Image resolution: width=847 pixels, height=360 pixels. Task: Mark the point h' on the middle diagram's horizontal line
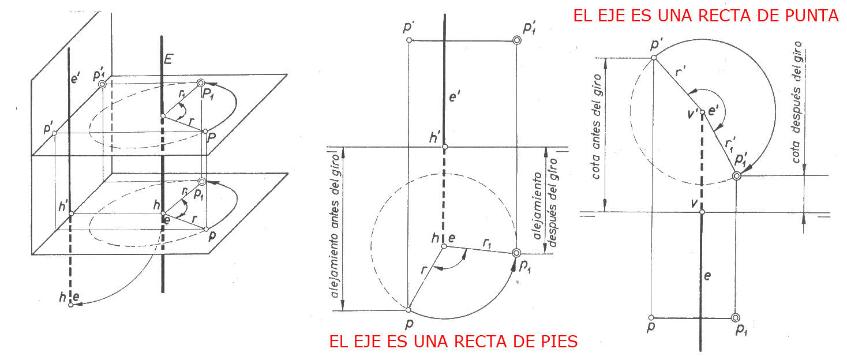444,147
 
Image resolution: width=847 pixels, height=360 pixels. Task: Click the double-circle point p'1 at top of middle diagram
516,40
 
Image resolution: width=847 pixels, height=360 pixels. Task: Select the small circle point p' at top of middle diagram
409,40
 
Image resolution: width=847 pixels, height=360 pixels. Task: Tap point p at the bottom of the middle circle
408,310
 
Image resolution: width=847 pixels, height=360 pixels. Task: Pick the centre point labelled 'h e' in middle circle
444,246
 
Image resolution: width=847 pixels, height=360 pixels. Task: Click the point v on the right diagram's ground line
702,212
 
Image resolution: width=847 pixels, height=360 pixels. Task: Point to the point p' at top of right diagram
654,57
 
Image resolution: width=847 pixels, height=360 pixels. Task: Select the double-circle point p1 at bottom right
735,318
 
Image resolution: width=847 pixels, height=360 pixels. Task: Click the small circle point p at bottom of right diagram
651,318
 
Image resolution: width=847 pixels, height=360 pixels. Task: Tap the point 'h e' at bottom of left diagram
71,305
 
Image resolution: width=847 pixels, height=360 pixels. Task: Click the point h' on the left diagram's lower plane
71,213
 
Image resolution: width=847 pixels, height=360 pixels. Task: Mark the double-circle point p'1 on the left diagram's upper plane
103,84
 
